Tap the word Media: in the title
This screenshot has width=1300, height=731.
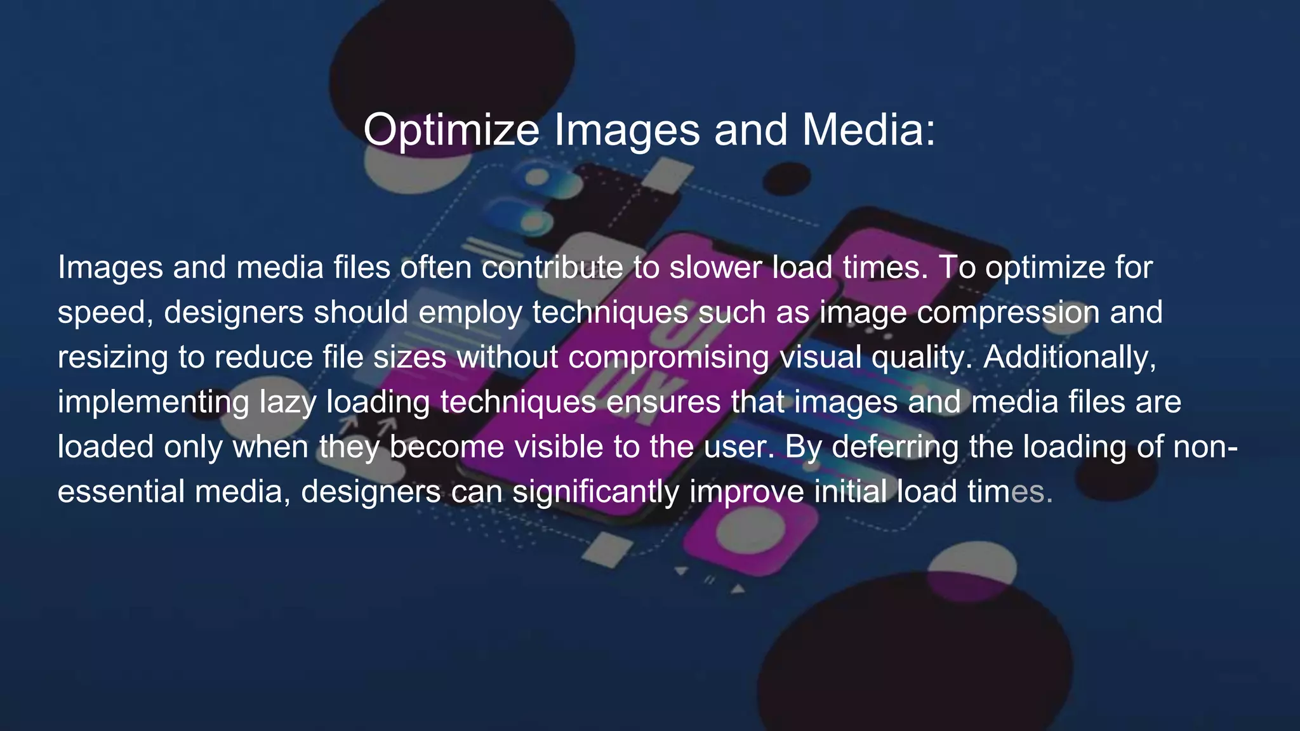868,130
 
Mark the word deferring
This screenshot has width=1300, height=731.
895,447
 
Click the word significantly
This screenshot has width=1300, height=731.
595,492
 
